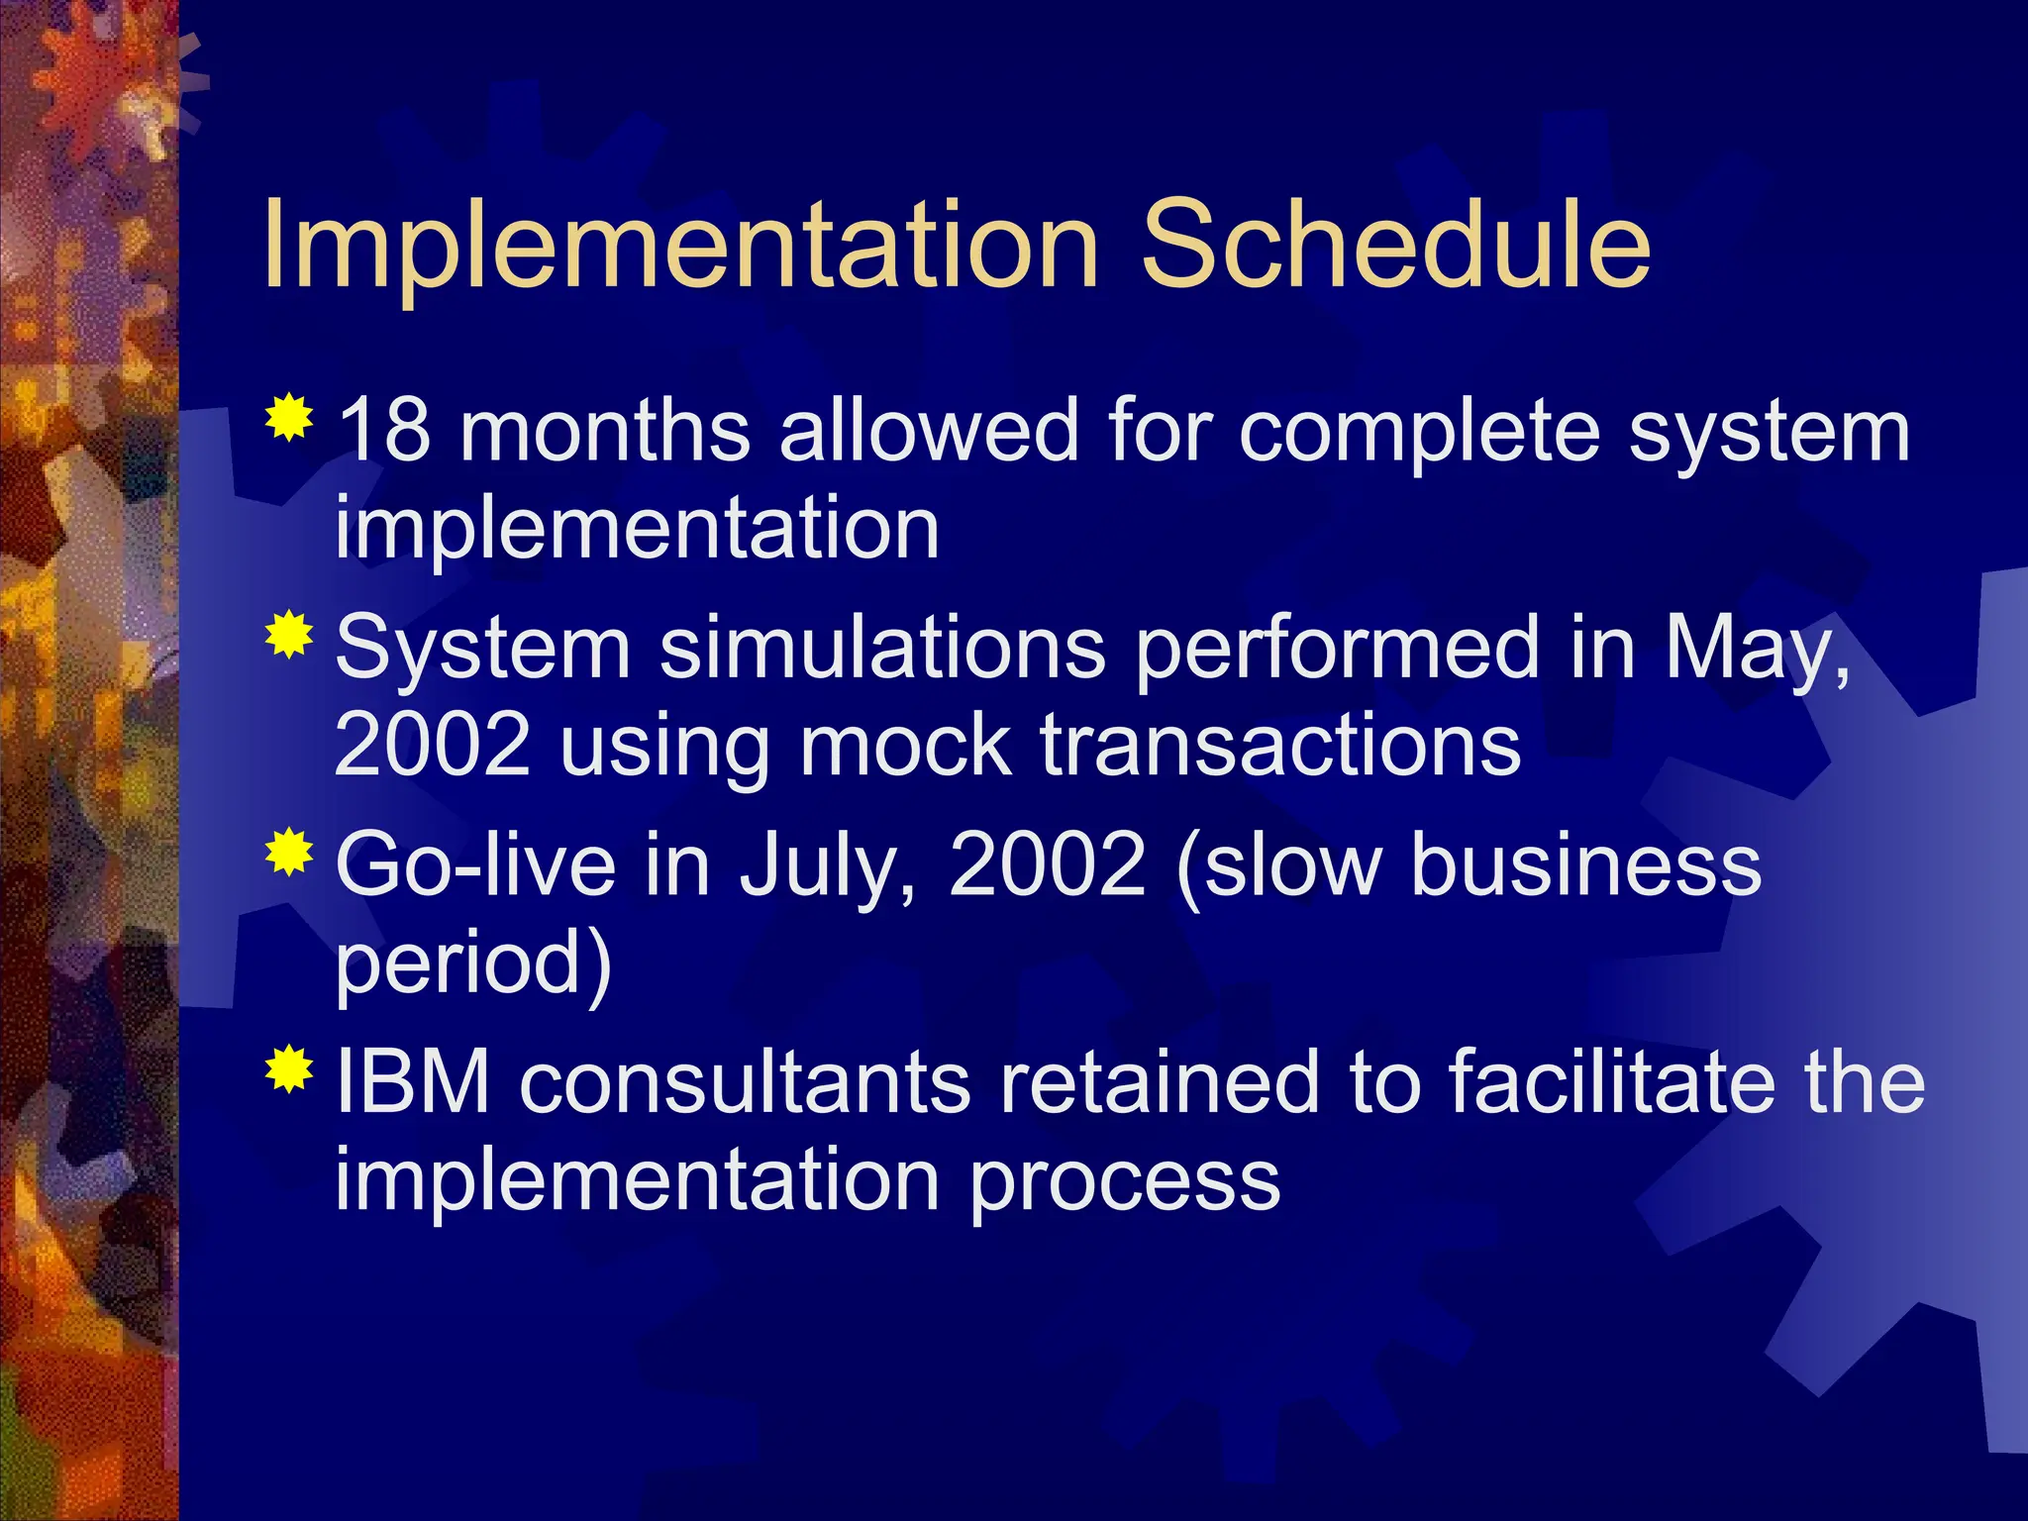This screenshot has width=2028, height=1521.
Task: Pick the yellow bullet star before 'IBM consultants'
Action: pyautogui.click(x=289, y=1068)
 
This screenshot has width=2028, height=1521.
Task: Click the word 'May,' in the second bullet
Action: pyautogui.click(x=1757, y=650)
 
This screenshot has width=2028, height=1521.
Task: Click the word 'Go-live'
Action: pyautogui.click(x=476, y=864)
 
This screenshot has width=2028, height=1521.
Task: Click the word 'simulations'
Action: pyautogui.click(x=882, y=649)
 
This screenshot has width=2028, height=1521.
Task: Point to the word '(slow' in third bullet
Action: pyautogui.click(x=1278, y=864)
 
